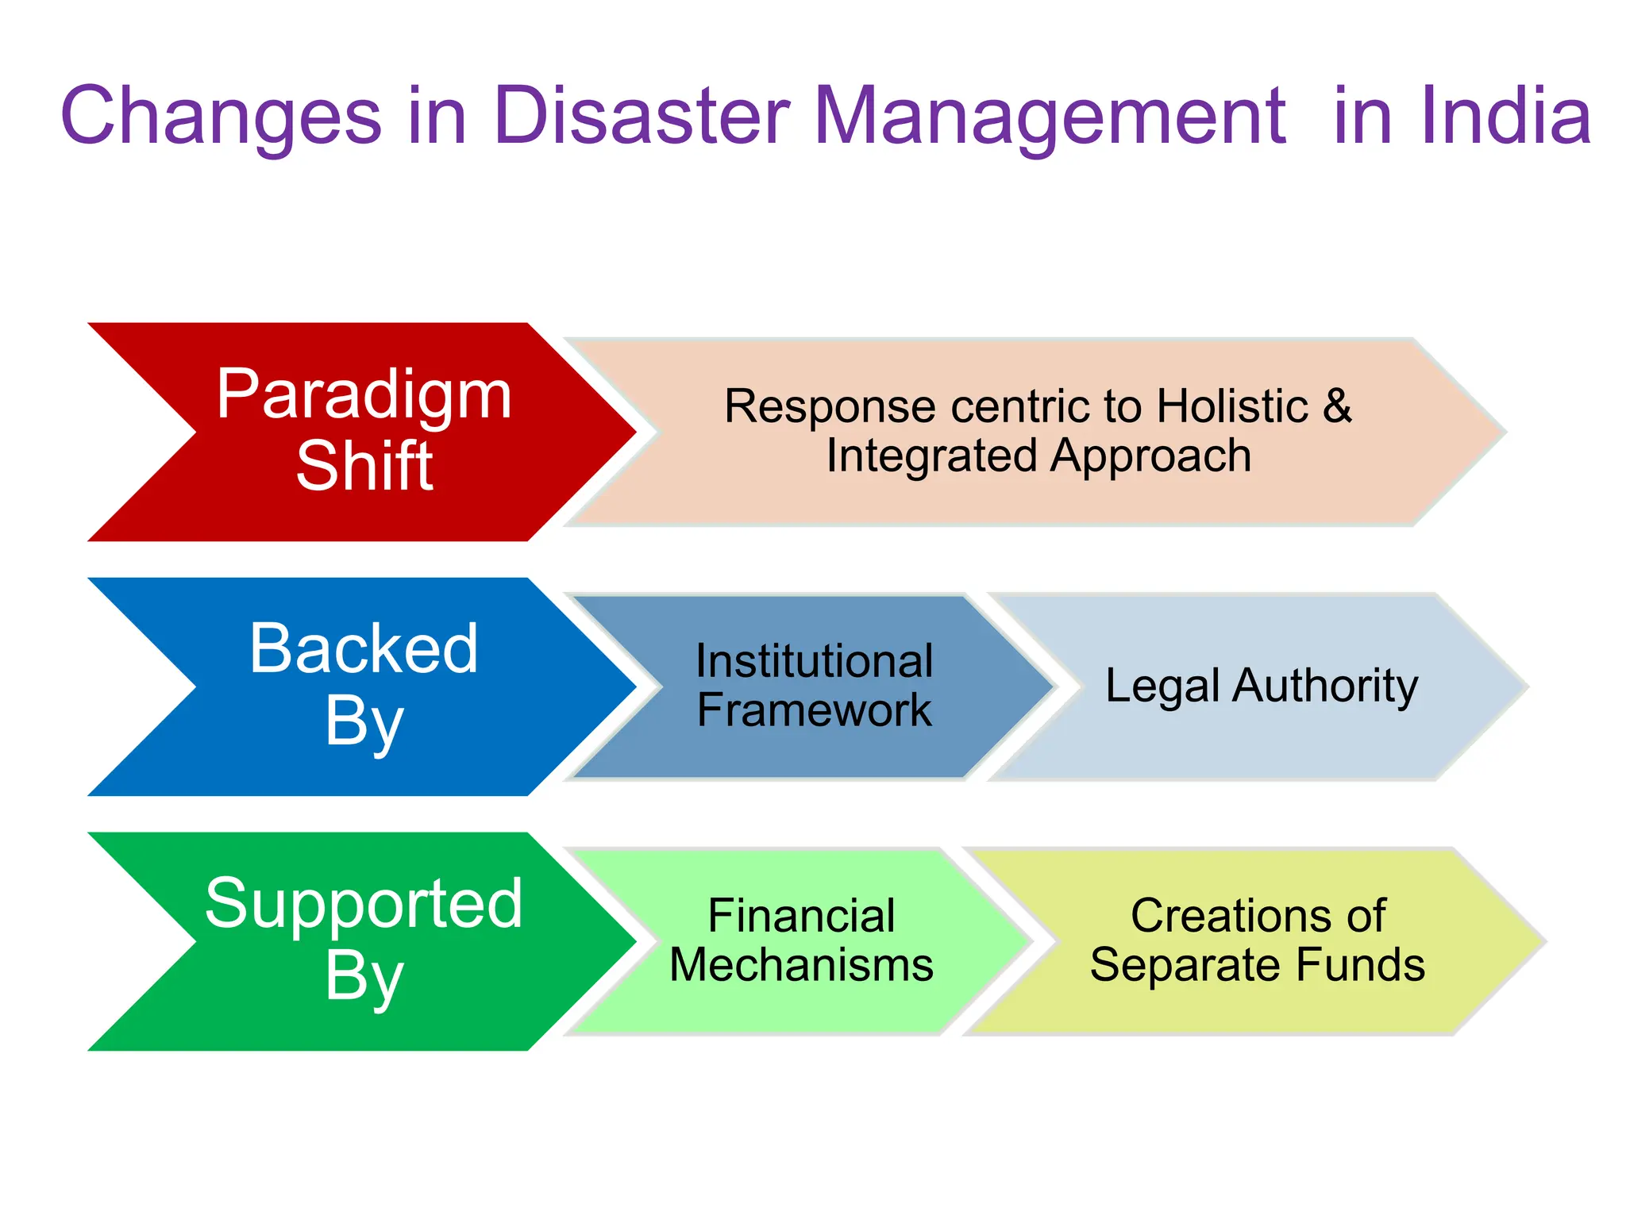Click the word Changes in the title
coord(221,117)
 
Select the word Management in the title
coord(1050,117)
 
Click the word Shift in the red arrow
coord(364,467)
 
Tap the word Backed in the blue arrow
coord(364,649)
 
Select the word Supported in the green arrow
coord(364,904)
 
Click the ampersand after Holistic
coord(1337,406)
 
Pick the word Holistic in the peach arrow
coord(1231,406)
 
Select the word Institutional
coord(814,661)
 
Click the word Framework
coord(814,709)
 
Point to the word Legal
coord(1162,686)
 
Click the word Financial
coord(801,916)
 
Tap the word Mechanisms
coord(801,965)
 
